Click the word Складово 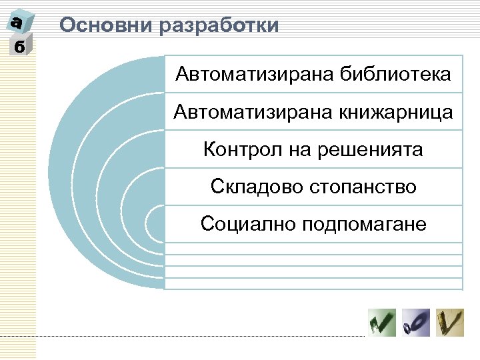point(256,187)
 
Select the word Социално point(248,224)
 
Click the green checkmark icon point(381,323)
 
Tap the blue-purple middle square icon point(416,323)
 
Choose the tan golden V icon point(450,323)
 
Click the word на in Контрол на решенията point(299,149)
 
